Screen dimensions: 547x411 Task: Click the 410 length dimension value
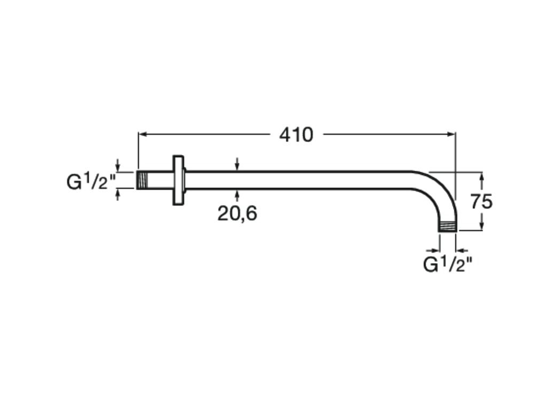tap(296, 135)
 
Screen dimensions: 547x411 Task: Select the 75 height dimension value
tap(481, 202)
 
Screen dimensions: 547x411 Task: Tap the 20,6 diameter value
tap(237, 213)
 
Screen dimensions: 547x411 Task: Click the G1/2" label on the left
tap(91, 181)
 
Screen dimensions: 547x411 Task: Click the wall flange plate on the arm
tap(178, 180)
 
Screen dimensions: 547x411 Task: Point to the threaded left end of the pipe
tap(142, 180)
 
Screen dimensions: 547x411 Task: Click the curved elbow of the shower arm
tap(440, 191)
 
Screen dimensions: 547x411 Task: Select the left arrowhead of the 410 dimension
tap(142, 134)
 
